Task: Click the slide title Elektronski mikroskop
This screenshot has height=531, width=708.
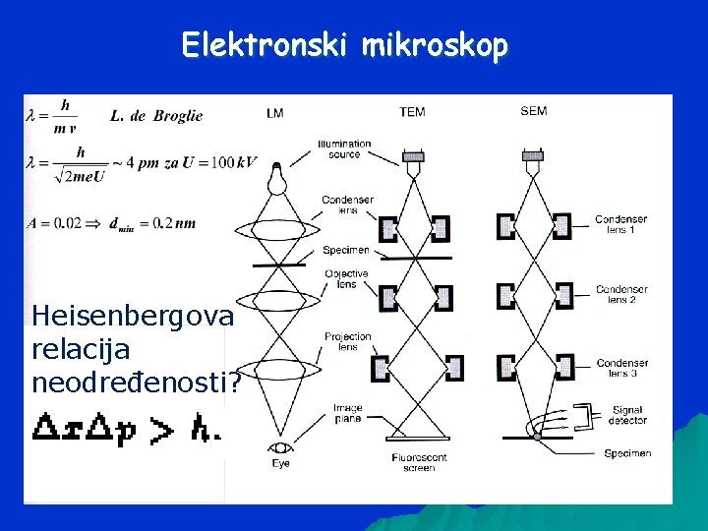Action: click(x=344, y=46)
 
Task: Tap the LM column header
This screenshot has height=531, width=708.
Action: click(x=274, y=113)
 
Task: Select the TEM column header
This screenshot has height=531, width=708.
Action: click(x=413, y=112)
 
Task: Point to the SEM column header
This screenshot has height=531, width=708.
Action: click(x=534, y=112)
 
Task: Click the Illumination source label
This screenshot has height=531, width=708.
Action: click(x=344, y=149)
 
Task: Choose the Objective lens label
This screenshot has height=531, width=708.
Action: click(x=346, y=278)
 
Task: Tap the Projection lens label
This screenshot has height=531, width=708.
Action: click(x=348, y=341)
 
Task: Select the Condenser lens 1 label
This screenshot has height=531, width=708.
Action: click(x=621, y=223)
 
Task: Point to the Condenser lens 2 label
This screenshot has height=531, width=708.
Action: click(x=621, y=294)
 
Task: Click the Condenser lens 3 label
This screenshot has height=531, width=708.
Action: click(x=621, y=368)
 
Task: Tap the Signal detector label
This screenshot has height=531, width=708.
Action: click(x=627, y=415)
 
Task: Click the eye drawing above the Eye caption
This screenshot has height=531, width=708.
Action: click(x=278, y=448)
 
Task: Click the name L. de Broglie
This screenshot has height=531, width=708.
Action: click(x=156, y=116)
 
